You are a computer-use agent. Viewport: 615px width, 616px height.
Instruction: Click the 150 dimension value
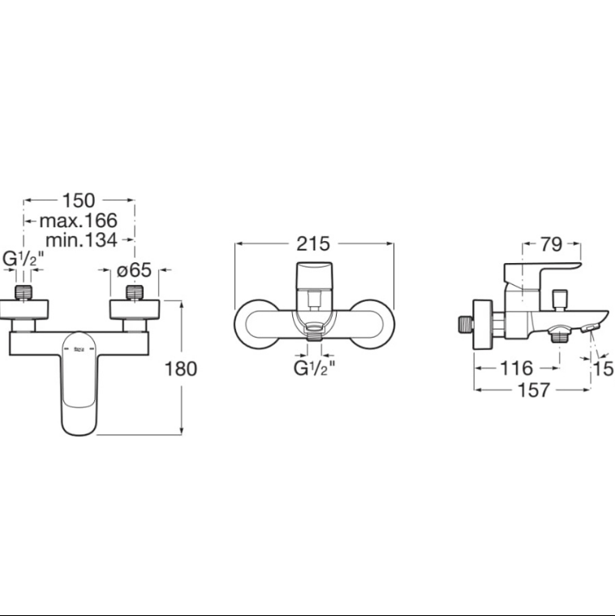coord(79,200)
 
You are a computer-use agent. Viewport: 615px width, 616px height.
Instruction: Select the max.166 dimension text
coord(78,221)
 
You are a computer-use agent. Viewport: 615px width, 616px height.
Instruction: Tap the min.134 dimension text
coord(81,239)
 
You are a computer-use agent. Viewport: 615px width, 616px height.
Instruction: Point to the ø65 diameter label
coord(135,270)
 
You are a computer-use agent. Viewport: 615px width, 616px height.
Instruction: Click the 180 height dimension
coord(181,369)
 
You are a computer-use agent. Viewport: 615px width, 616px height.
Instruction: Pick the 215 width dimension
coord(313,243)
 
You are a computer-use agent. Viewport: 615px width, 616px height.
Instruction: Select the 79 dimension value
coord(552,244)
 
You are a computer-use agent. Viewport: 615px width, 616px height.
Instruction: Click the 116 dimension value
coord(517,368)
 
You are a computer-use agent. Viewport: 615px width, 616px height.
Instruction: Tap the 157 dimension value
coord(534,390)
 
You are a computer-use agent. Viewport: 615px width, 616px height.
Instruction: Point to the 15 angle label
coord(603,369)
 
